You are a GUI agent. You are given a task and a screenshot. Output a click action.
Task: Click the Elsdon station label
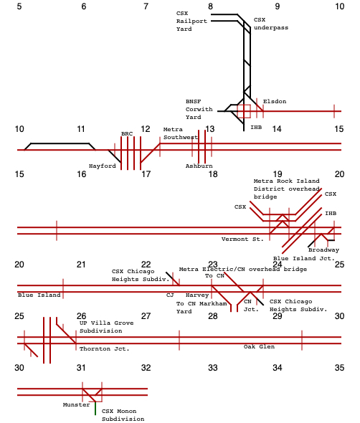click(x=275, y=101)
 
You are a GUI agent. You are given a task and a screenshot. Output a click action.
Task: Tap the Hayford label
click(x=103, y=166)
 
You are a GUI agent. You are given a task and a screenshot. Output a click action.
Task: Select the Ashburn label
click(x=199, y=166)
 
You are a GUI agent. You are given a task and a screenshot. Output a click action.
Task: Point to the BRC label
click(x=127, y=134)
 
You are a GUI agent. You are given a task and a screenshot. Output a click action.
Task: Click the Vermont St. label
click(x=242, y=239)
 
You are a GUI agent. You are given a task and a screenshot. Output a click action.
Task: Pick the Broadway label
click(x=323, y=250)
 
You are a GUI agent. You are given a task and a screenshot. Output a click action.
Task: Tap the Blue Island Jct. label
click(x=304, y=258)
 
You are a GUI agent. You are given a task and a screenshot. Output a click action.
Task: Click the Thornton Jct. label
click(x=105, y=349)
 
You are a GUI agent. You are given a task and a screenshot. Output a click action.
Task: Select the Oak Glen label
click(x=259, y=347)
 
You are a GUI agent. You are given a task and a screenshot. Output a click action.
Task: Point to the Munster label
click(x=76, y=404)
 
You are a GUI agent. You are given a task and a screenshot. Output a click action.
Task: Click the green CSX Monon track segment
click(x=95, y=408)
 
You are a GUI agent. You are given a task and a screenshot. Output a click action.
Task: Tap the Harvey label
click(x=197, y=295)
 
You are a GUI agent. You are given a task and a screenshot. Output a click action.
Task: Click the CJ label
click(x=170, y=295)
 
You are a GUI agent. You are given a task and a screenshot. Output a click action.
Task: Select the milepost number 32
click(x=146, y=368)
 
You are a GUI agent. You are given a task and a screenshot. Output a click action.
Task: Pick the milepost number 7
click(x=146, y=6)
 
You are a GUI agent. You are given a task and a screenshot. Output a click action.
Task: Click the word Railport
click(x=191, y=21)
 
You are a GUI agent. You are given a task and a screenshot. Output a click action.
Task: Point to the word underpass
click(x=271, y=28)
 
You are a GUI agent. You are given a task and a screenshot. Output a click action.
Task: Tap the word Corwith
click(x=199, y=109)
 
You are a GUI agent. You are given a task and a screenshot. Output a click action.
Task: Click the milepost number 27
click(x=146, y=316)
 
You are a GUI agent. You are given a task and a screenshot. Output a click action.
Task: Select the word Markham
click(x=213, y=304)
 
